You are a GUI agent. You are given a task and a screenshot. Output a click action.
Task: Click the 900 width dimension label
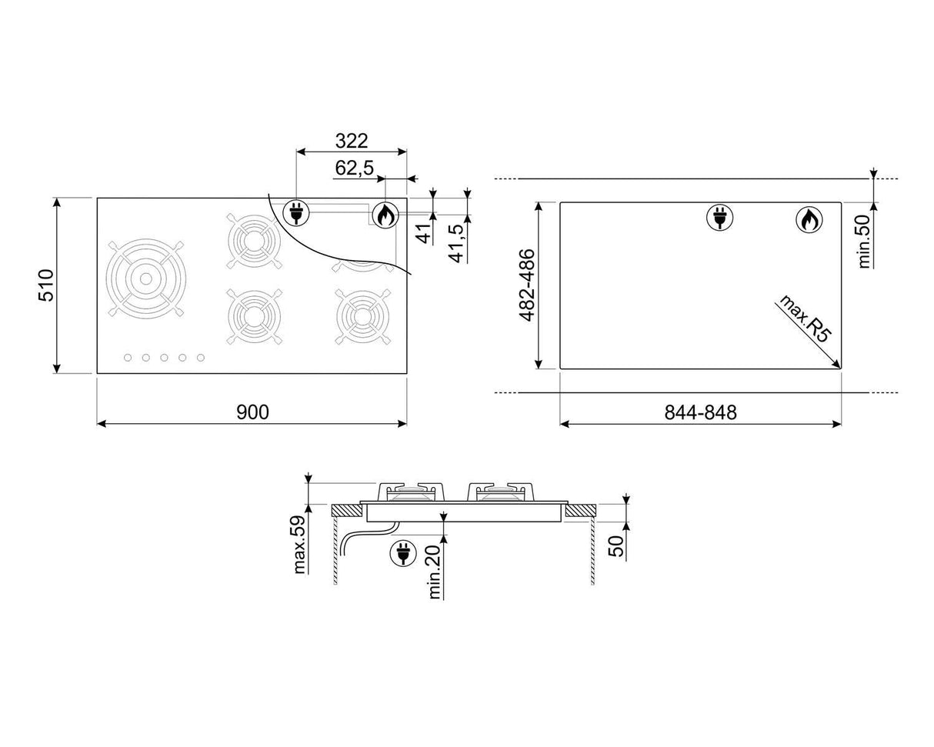252,412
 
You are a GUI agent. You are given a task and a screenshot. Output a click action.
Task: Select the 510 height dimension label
46,285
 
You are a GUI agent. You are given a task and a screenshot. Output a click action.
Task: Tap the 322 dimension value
352,141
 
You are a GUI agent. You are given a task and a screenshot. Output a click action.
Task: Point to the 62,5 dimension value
354,168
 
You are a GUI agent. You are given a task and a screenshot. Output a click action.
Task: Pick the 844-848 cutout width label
700,412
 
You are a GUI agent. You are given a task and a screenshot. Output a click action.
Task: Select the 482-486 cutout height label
527,285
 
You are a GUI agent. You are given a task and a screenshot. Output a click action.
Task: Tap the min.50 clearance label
864,242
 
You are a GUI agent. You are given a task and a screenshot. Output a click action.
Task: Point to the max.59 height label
299,545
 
